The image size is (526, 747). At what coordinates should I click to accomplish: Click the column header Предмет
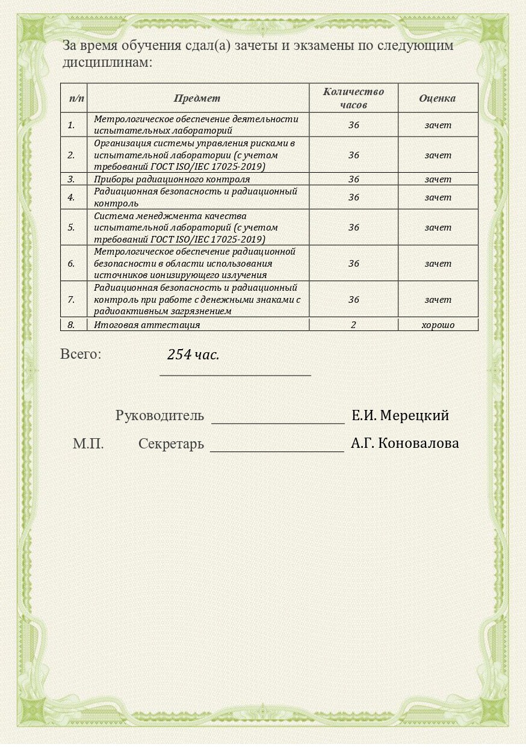tap(197, 98)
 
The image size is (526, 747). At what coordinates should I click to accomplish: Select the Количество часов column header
tap(353, 98)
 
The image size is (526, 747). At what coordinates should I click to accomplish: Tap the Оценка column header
tap(437, 98)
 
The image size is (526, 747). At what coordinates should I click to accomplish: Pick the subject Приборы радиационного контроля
tap(172, 179)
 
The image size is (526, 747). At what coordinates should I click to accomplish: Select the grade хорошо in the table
tap(438, 325)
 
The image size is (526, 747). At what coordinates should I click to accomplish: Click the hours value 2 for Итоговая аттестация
tap(353, 325)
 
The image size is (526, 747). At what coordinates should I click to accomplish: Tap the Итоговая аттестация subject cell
tap(147, 325)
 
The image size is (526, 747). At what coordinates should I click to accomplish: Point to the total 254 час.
tap(193, 355)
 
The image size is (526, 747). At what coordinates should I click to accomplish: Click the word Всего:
tap(81, 354)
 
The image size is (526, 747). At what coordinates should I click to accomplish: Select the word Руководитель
tap(159, 415)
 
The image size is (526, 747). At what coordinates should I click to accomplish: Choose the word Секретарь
tap(171, 444)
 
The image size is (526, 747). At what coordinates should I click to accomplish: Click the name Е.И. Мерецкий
tap(400, 415)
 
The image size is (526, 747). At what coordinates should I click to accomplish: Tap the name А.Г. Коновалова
tap(404, 444)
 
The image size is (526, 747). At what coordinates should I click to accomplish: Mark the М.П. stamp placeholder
tap(88, 444)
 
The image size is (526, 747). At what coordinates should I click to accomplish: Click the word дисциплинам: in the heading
tap(108, 62)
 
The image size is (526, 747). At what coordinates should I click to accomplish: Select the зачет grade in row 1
tap(438, 125)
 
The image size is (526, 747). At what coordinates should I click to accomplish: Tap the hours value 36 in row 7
tap(353, 300)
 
